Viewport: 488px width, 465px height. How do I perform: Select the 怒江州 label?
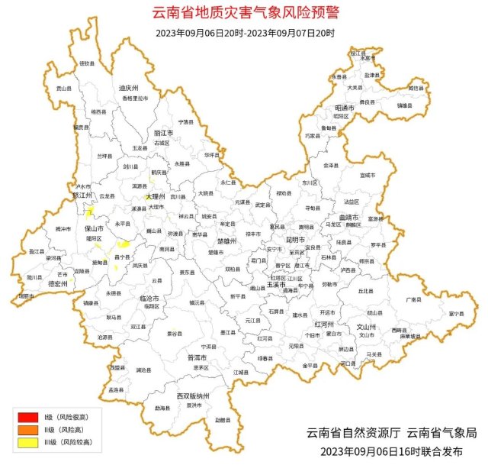(x=82, y=195)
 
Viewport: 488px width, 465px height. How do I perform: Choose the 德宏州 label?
(x=59, y=283)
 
